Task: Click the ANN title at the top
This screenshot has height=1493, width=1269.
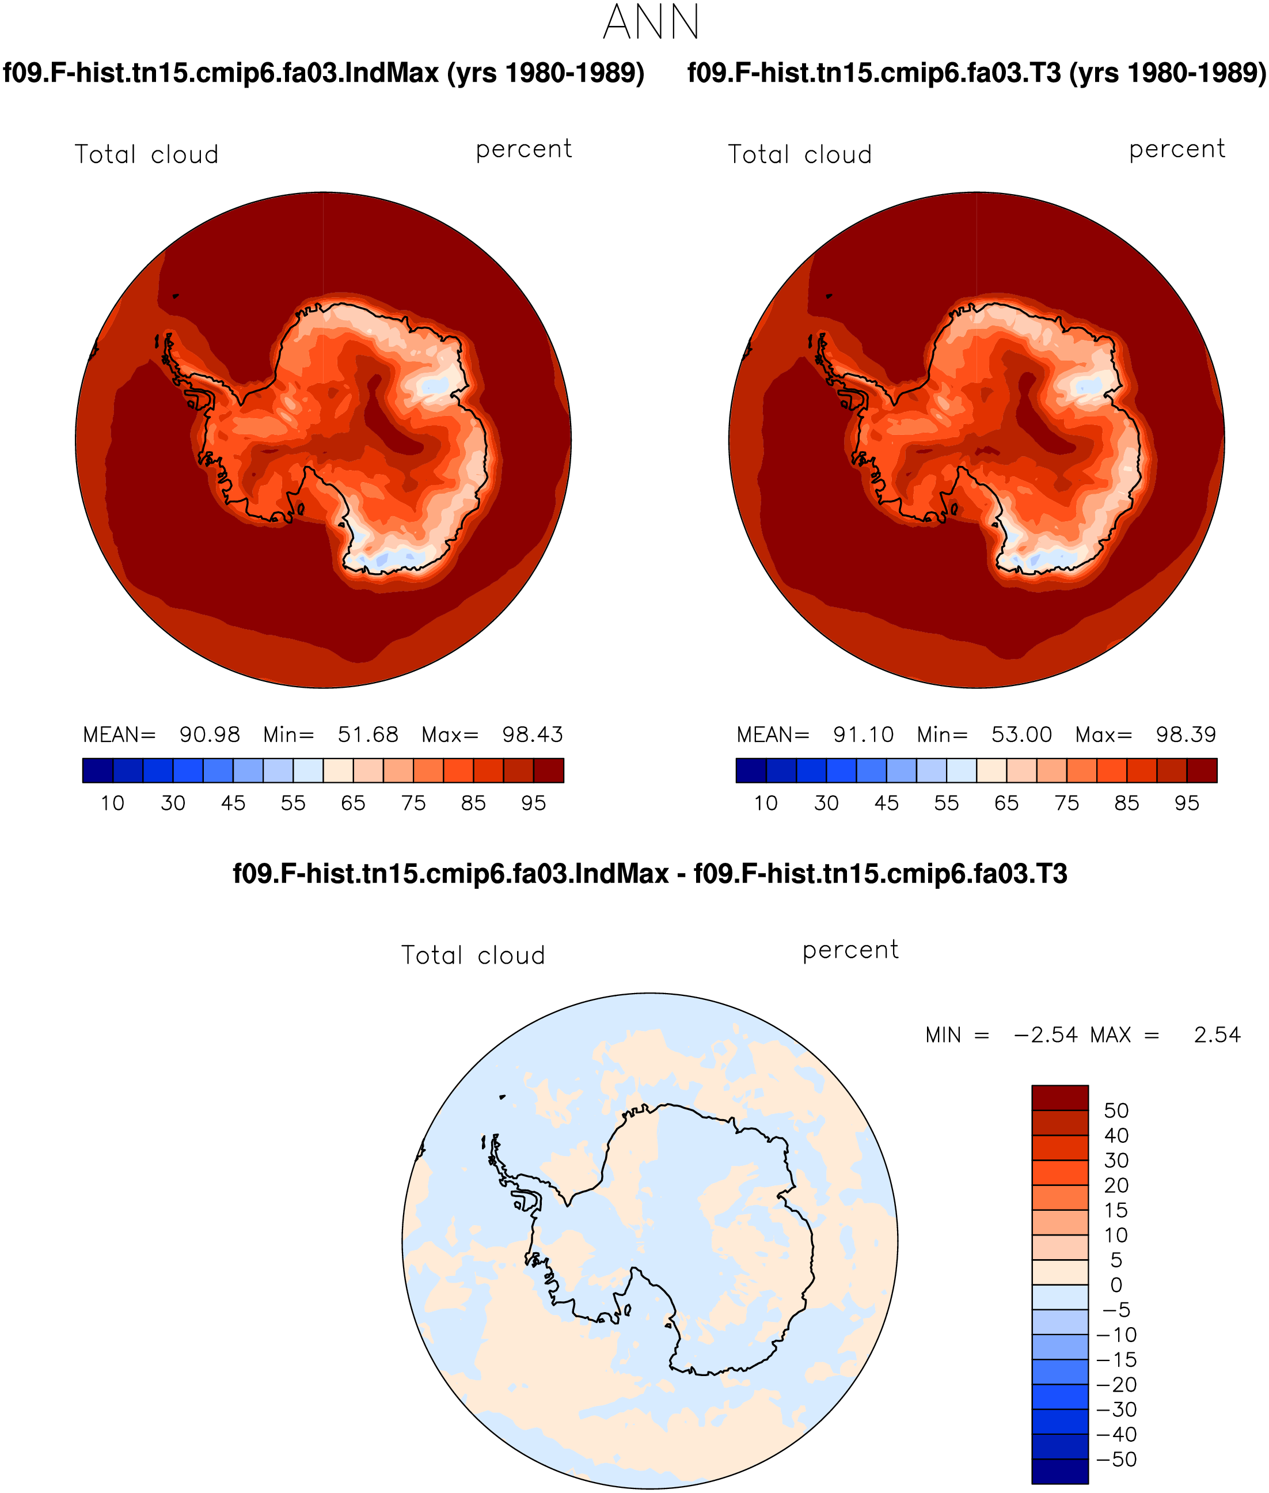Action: point(651,22)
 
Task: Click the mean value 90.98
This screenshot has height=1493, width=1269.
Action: point(210,734)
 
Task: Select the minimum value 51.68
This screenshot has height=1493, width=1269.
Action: point(367,734)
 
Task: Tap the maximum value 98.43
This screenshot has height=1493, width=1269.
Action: point(533,734)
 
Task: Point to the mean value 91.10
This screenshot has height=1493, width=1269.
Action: point(863,734)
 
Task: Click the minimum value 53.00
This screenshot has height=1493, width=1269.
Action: point(1021,734)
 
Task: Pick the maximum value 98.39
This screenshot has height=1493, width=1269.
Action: point(1186,734)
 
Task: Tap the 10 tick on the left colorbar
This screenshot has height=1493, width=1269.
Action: point(112,803)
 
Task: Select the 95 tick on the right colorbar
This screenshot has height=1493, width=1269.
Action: point(1186,803)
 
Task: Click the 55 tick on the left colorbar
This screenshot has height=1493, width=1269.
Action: point(293,803)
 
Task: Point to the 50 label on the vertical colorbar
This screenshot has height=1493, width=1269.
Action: point(1116,1110)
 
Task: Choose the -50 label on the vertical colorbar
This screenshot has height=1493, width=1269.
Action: point(1116,1459)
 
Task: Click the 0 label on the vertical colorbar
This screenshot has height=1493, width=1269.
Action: point(1116,1285)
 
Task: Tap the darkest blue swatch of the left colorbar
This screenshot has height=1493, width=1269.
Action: point(98,770)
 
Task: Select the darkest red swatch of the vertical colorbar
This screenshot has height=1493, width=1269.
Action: point(1059,1098)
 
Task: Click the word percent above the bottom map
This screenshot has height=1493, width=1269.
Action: point(850,950)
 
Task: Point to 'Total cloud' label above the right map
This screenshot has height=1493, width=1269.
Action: point(800,155)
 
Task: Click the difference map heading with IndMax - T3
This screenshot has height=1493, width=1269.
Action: point(649,873)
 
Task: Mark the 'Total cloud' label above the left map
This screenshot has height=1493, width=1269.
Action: point(147,155)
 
